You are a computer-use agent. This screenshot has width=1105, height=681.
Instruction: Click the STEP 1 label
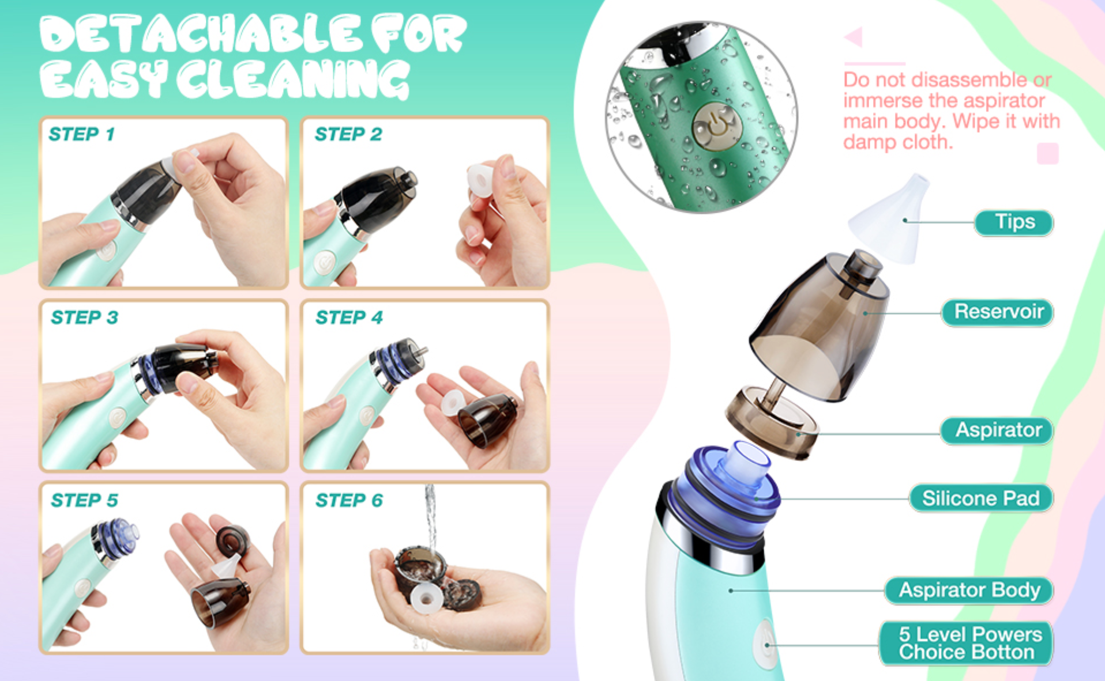[82, 134]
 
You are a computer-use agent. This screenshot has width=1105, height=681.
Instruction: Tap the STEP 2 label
[348, 134]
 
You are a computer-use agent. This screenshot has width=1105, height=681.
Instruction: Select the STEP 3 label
[84, 317]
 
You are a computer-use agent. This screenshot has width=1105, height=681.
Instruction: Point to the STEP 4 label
[349, 317]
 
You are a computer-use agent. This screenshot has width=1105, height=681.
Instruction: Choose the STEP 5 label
[84, 500]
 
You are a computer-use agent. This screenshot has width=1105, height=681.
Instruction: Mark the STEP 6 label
[349, 500]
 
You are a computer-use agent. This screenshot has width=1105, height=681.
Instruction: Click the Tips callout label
[1014, 222]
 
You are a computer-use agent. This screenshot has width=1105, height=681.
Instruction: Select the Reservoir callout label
[998, 312]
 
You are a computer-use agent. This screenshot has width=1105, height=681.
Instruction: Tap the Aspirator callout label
[997, 430]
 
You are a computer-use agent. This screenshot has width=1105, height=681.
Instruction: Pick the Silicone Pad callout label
[981, 498]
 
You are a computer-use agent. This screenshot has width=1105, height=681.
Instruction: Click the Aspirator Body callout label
[969, 591]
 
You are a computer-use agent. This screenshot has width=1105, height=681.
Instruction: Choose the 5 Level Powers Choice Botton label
[966, 644]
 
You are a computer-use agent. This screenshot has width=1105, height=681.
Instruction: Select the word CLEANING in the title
[292, 80]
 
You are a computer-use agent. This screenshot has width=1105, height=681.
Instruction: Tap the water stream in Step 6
[430, 519]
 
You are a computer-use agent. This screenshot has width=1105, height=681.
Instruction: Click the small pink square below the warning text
[1047, 154]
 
